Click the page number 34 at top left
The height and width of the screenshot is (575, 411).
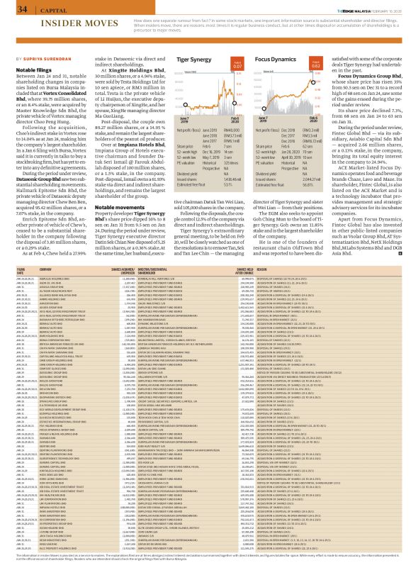11,9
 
